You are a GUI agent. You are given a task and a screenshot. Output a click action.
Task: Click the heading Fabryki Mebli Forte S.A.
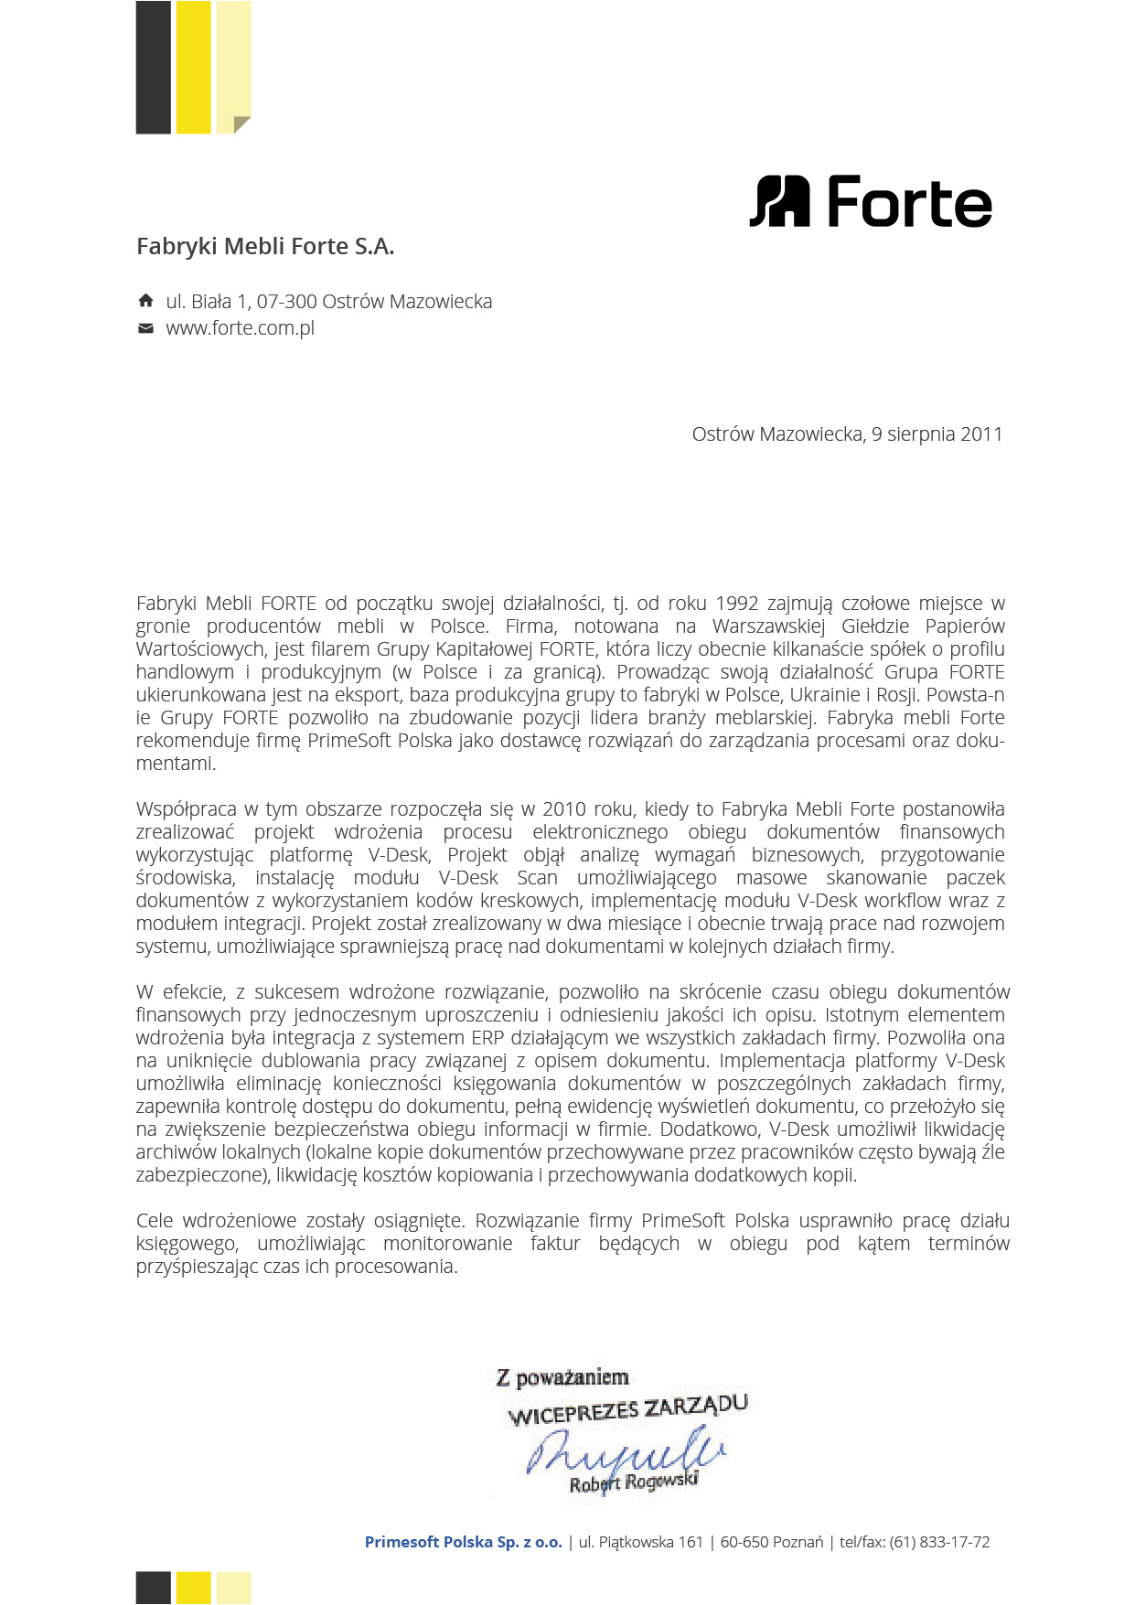(x=265, y=246)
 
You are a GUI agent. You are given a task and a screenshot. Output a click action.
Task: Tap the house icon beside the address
(x=145, y=301)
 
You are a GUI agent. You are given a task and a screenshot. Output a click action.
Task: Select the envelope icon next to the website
(x=145, y=328)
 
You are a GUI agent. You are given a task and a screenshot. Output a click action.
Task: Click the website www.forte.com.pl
(x=240, y=328)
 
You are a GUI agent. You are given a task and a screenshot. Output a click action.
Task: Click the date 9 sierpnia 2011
(x=937, y=434)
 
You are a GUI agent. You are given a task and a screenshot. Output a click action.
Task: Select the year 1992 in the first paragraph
(x=737, y=604)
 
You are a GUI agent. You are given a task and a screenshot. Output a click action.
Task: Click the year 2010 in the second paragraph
(x=564, y=809)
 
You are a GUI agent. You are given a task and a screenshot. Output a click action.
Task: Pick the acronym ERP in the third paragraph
(x=487, y=1038)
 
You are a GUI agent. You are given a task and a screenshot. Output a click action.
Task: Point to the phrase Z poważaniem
(x=562, y=1377)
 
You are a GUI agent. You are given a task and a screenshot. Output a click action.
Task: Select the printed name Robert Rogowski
(x=634, y=1482)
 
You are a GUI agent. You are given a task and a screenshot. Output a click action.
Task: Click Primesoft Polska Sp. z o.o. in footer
(x=464, y=1542)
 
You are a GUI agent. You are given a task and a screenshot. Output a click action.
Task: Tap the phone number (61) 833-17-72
(x=939, y=1542)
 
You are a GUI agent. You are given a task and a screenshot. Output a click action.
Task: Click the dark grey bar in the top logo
(x=153, y=68)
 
